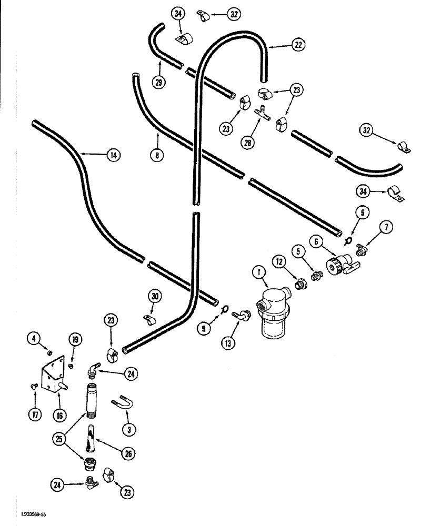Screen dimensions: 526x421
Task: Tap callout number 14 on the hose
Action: point(112,155)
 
